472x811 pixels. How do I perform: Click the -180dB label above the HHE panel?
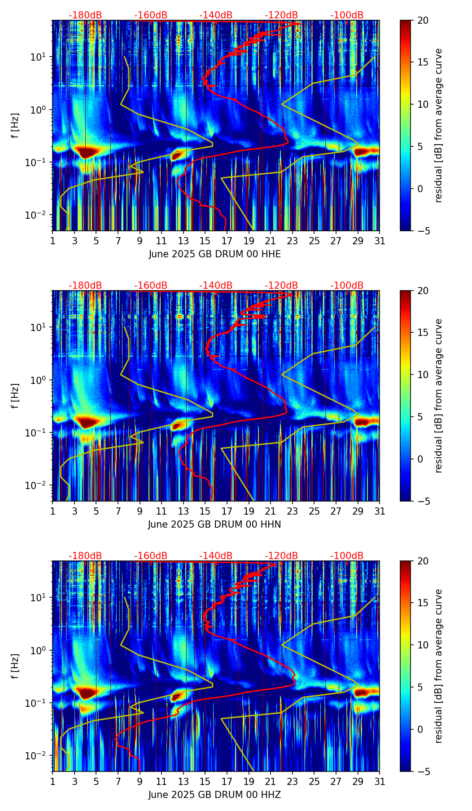[85, 15]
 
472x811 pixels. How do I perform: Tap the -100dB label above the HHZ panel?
[347, 556]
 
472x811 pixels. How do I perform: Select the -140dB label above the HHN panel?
[216, 286]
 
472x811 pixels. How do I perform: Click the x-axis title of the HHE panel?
[214, 254]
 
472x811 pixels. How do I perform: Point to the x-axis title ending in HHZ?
[214, 795]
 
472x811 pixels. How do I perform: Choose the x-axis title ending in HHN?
[214, 525]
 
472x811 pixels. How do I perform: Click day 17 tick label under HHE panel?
[227, 241]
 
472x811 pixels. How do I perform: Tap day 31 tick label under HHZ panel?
[380, 781]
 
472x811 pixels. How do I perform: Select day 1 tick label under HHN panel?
[53, 511]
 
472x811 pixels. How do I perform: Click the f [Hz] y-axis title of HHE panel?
[15, 126]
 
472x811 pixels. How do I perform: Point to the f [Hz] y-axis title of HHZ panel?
[15, 666]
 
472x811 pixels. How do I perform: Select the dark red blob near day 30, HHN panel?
[366, 422]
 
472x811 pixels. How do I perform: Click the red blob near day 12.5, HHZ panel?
[176, 696]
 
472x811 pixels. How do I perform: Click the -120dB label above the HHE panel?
[281, 15]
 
